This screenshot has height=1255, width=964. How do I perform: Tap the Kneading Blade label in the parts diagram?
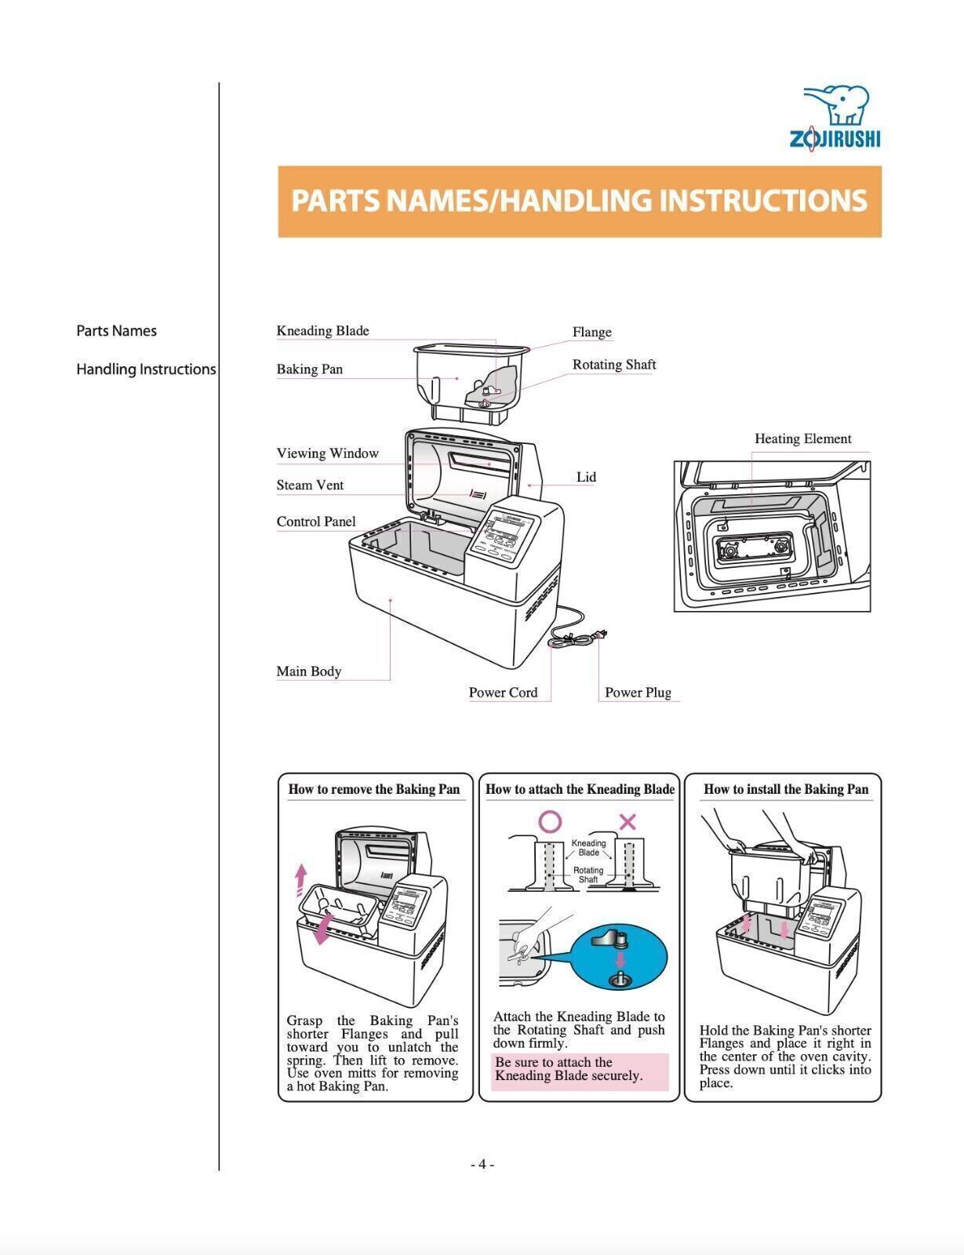(322, 331)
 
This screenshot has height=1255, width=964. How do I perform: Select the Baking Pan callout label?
(309, 369)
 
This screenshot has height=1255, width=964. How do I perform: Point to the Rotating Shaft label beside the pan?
(613, 365)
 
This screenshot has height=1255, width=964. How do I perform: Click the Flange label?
(591, 333)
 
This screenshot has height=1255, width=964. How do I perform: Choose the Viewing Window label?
(327, 453)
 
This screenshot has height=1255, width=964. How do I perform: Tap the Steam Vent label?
(310, 486)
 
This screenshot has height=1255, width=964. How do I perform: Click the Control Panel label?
(315, 522)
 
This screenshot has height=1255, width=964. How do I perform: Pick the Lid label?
(586, 477)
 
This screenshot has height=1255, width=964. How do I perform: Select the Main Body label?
(308, 671)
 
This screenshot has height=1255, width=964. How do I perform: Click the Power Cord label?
(503, 693)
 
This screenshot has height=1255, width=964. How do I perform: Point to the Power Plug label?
(638, 693)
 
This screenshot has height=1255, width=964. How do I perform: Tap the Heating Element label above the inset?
(802, 439)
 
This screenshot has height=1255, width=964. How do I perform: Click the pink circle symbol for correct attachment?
(551, 821)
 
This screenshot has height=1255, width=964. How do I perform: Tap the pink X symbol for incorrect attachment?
(628, 821)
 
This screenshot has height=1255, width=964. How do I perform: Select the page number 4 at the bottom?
(482, 1164)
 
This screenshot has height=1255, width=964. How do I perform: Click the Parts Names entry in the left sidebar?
(116, 331)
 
